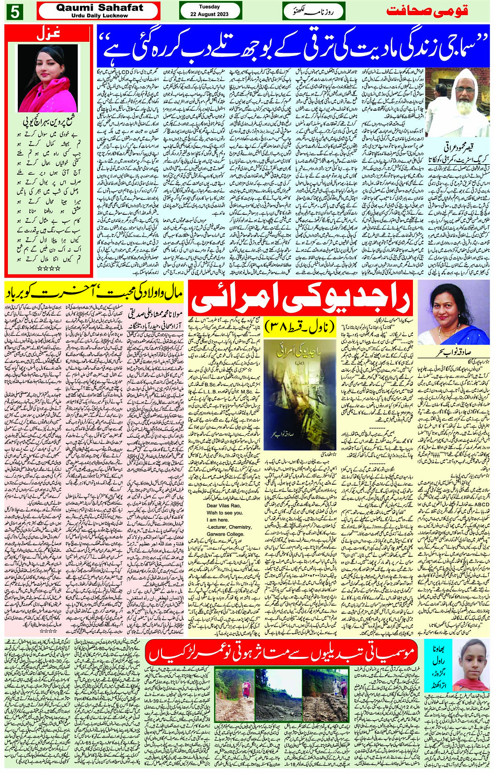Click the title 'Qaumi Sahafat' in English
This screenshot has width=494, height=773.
click(x=99, y=8)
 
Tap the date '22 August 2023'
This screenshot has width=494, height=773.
click(x=210, y=14)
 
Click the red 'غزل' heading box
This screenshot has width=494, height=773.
click(x=48, y=34)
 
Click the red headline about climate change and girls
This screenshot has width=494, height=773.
click(x=282, y=653)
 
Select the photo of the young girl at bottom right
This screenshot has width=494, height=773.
click(x=470, y=664)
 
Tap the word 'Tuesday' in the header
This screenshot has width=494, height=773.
click(x=210, y=7)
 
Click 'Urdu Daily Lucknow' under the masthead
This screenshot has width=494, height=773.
click(x=99, y=16)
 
